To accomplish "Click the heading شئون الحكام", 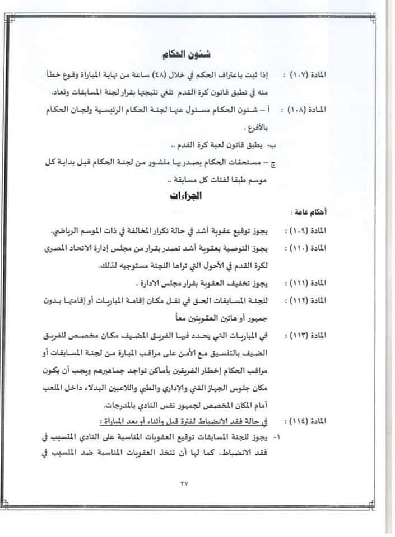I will click(185, 54).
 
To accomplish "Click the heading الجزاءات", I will click(184, 196).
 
